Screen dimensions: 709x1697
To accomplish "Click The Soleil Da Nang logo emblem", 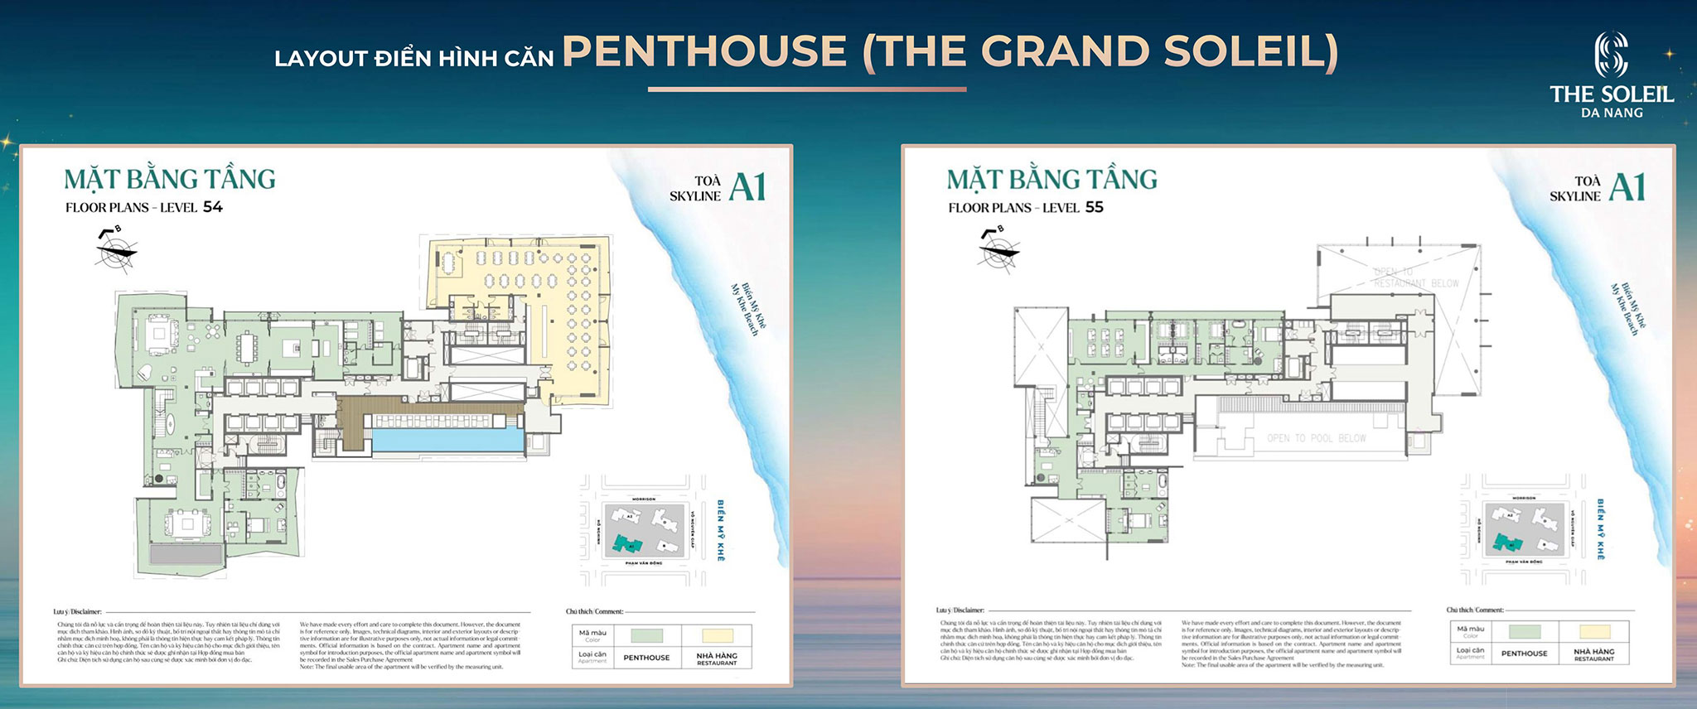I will click(x=1611, y=54).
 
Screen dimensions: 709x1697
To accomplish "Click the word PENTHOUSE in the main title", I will click(x=705, y=51).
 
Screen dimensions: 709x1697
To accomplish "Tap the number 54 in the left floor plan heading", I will click(x=213, y=207).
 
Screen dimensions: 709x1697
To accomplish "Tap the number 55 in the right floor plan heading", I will click(x=1095, y=207).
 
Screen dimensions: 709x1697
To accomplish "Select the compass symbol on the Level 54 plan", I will click(x=115, y=249).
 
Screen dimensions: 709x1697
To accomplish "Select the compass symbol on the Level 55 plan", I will click(x=998, y=249).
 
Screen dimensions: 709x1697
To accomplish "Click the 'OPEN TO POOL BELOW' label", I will click(x=1316, y=438).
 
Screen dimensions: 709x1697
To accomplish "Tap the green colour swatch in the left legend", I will click(x=646, y=635).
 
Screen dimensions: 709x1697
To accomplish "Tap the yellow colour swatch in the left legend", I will click(x=718, y=635).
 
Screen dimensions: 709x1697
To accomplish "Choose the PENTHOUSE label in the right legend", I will click(x=1524, y=654).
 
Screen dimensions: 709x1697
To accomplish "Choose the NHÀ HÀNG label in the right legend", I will click(x=1593, y=652).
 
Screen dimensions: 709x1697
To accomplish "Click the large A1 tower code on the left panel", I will click(x=747, y=187).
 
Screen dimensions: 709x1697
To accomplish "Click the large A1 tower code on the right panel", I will click(x=1627, y=187).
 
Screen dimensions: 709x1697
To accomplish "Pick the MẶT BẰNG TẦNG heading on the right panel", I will click(x=1052, y=180).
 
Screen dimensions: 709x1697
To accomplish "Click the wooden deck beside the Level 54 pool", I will click(x=355, y=422).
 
